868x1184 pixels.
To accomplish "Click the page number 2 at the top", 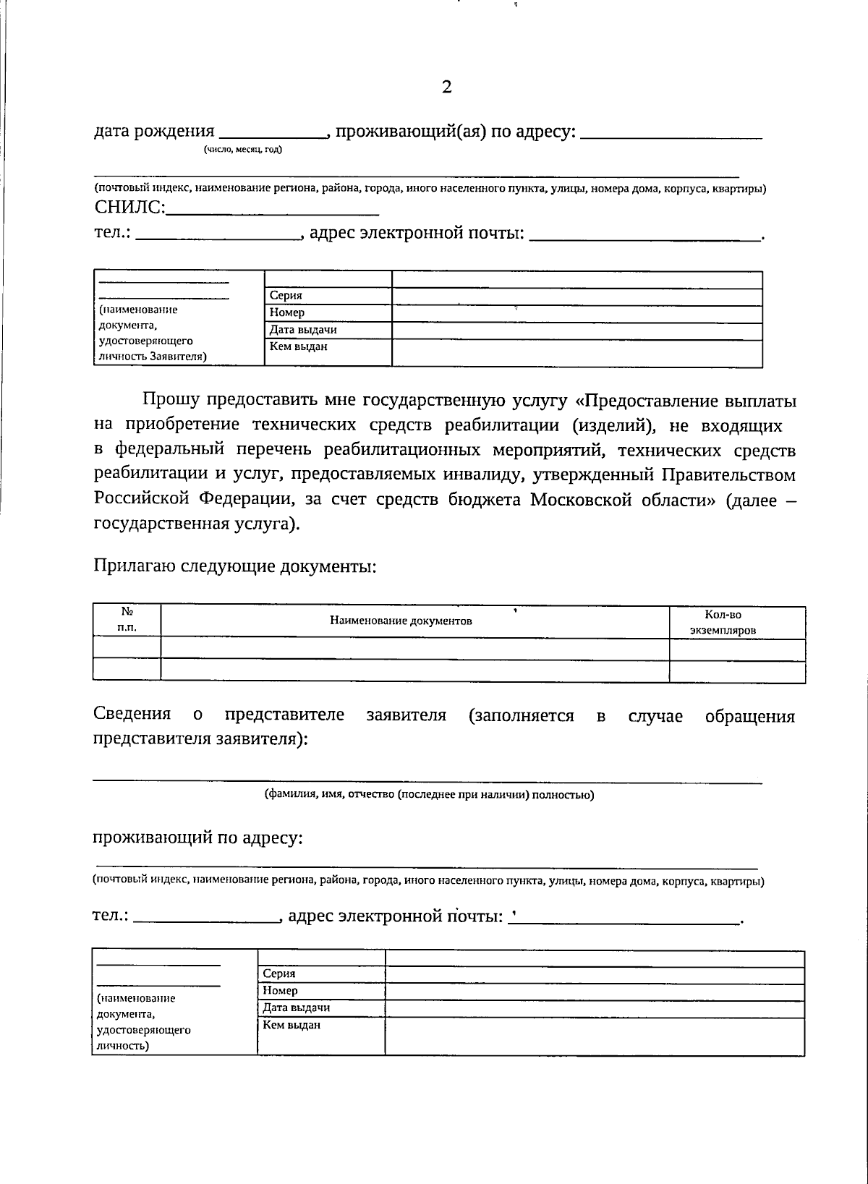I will (x=446, y=88).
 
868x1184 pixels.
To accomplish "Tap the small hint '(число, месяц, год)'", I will (x=243, y=150).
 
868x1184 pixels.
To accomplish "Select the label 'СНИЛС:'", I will (x=130, y=208).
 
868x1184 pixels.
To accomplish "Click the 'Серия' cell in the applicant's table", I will (x=328, y=296).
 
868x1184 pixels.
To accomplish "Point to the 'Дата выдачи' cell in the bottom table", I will (x=320, y=1008).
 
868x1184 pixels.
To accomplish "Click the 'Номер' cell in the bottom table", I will (x=320, y=991).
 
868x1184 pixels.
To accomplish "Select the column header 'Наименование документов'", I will (x=401, y=621).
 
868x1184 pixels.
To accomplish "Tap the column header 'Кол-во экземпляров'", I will (x=723, y=622).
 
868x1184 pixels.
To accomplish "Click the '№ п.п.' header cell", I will (x=127, y=621).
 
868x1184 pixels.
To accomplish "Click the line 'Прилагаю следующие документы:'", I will (x=235, y=566).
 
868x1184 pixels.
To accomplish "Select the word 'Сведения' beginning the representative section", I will (x=132, y=715).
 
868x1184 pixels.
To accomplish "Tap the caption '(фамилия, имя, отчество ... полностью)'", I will (x=428, y=795).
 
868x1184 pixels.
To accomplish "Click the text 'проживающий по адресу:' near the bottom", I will (x=197, y=838).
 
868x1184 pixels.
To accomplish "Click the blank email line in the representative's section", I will (x=626, y=921).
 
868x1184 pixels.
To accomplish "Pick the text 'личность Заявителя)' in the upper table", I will (x=151, y=356).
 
